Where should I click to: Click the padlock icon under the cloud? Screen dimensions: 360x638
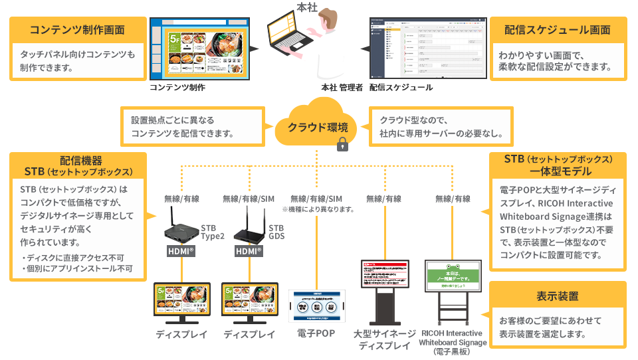(x=343, y=145)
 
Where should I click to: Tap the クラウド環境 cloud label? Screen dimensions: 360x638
(x=318, y=127)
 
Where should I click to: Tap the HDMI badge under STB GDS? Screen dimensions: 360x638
(x=249, y=252)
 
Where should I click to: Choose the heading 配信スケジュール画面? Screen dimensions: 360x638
(x=557, y=30)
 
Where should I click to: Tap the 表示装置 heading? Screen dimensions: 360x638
(x=557, y=296)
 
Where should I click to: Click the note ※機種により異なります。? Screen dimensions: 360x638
(x=318, y=209)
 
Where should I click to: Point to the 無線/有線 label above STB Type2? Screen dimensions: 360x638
(x=182, y=198)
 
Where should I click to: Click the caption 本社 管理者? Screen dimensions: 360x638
(x=342, y=87)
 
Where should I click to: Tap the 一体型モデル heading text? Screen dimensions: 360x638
(x=558, y=171)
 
